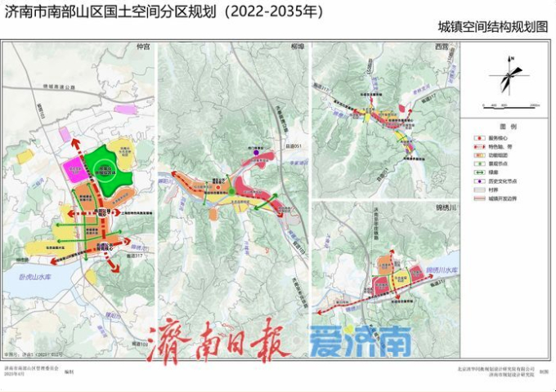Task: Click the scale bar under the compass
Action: click(x=509, y=105)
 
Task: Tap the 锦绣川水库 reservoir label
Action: click(x=442, y=267)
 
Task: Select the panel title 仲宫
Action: click(x=144, y=47)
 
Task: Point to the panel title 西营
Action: click(x=442, y=47)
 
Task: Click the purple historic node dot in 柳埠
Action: click(x=256, y=152)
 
